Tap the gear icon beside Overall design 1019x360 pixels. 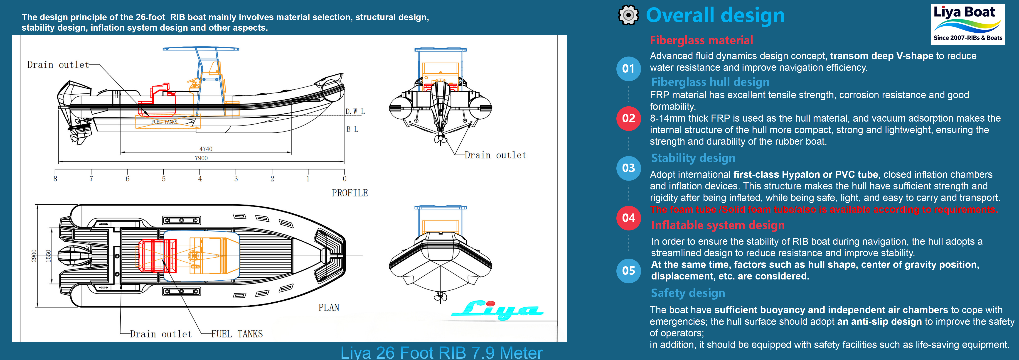click(628, 15)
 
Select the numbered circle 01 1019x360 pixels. click(628, 69)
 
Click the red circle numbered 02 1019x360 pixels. click(628, 118)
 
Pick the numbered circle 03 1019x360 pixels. click(628, 168)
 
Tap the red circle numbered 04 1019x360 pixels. click(628, 218)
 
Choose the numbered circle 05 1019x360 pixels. click(628, 271)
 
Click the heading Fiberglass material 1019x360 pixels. click(701, 40)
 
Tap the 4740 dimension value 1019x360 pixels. click(206, 149)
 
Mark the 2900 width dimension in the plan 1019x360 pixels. click(34, 256)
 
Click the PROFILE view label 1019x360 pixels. click(350, 193)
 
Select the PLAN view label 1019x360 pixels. click(329, 307)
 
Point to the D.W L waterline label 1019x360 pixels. click(355, 112)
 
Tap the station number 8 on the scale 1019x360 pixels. click(55, 179)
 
